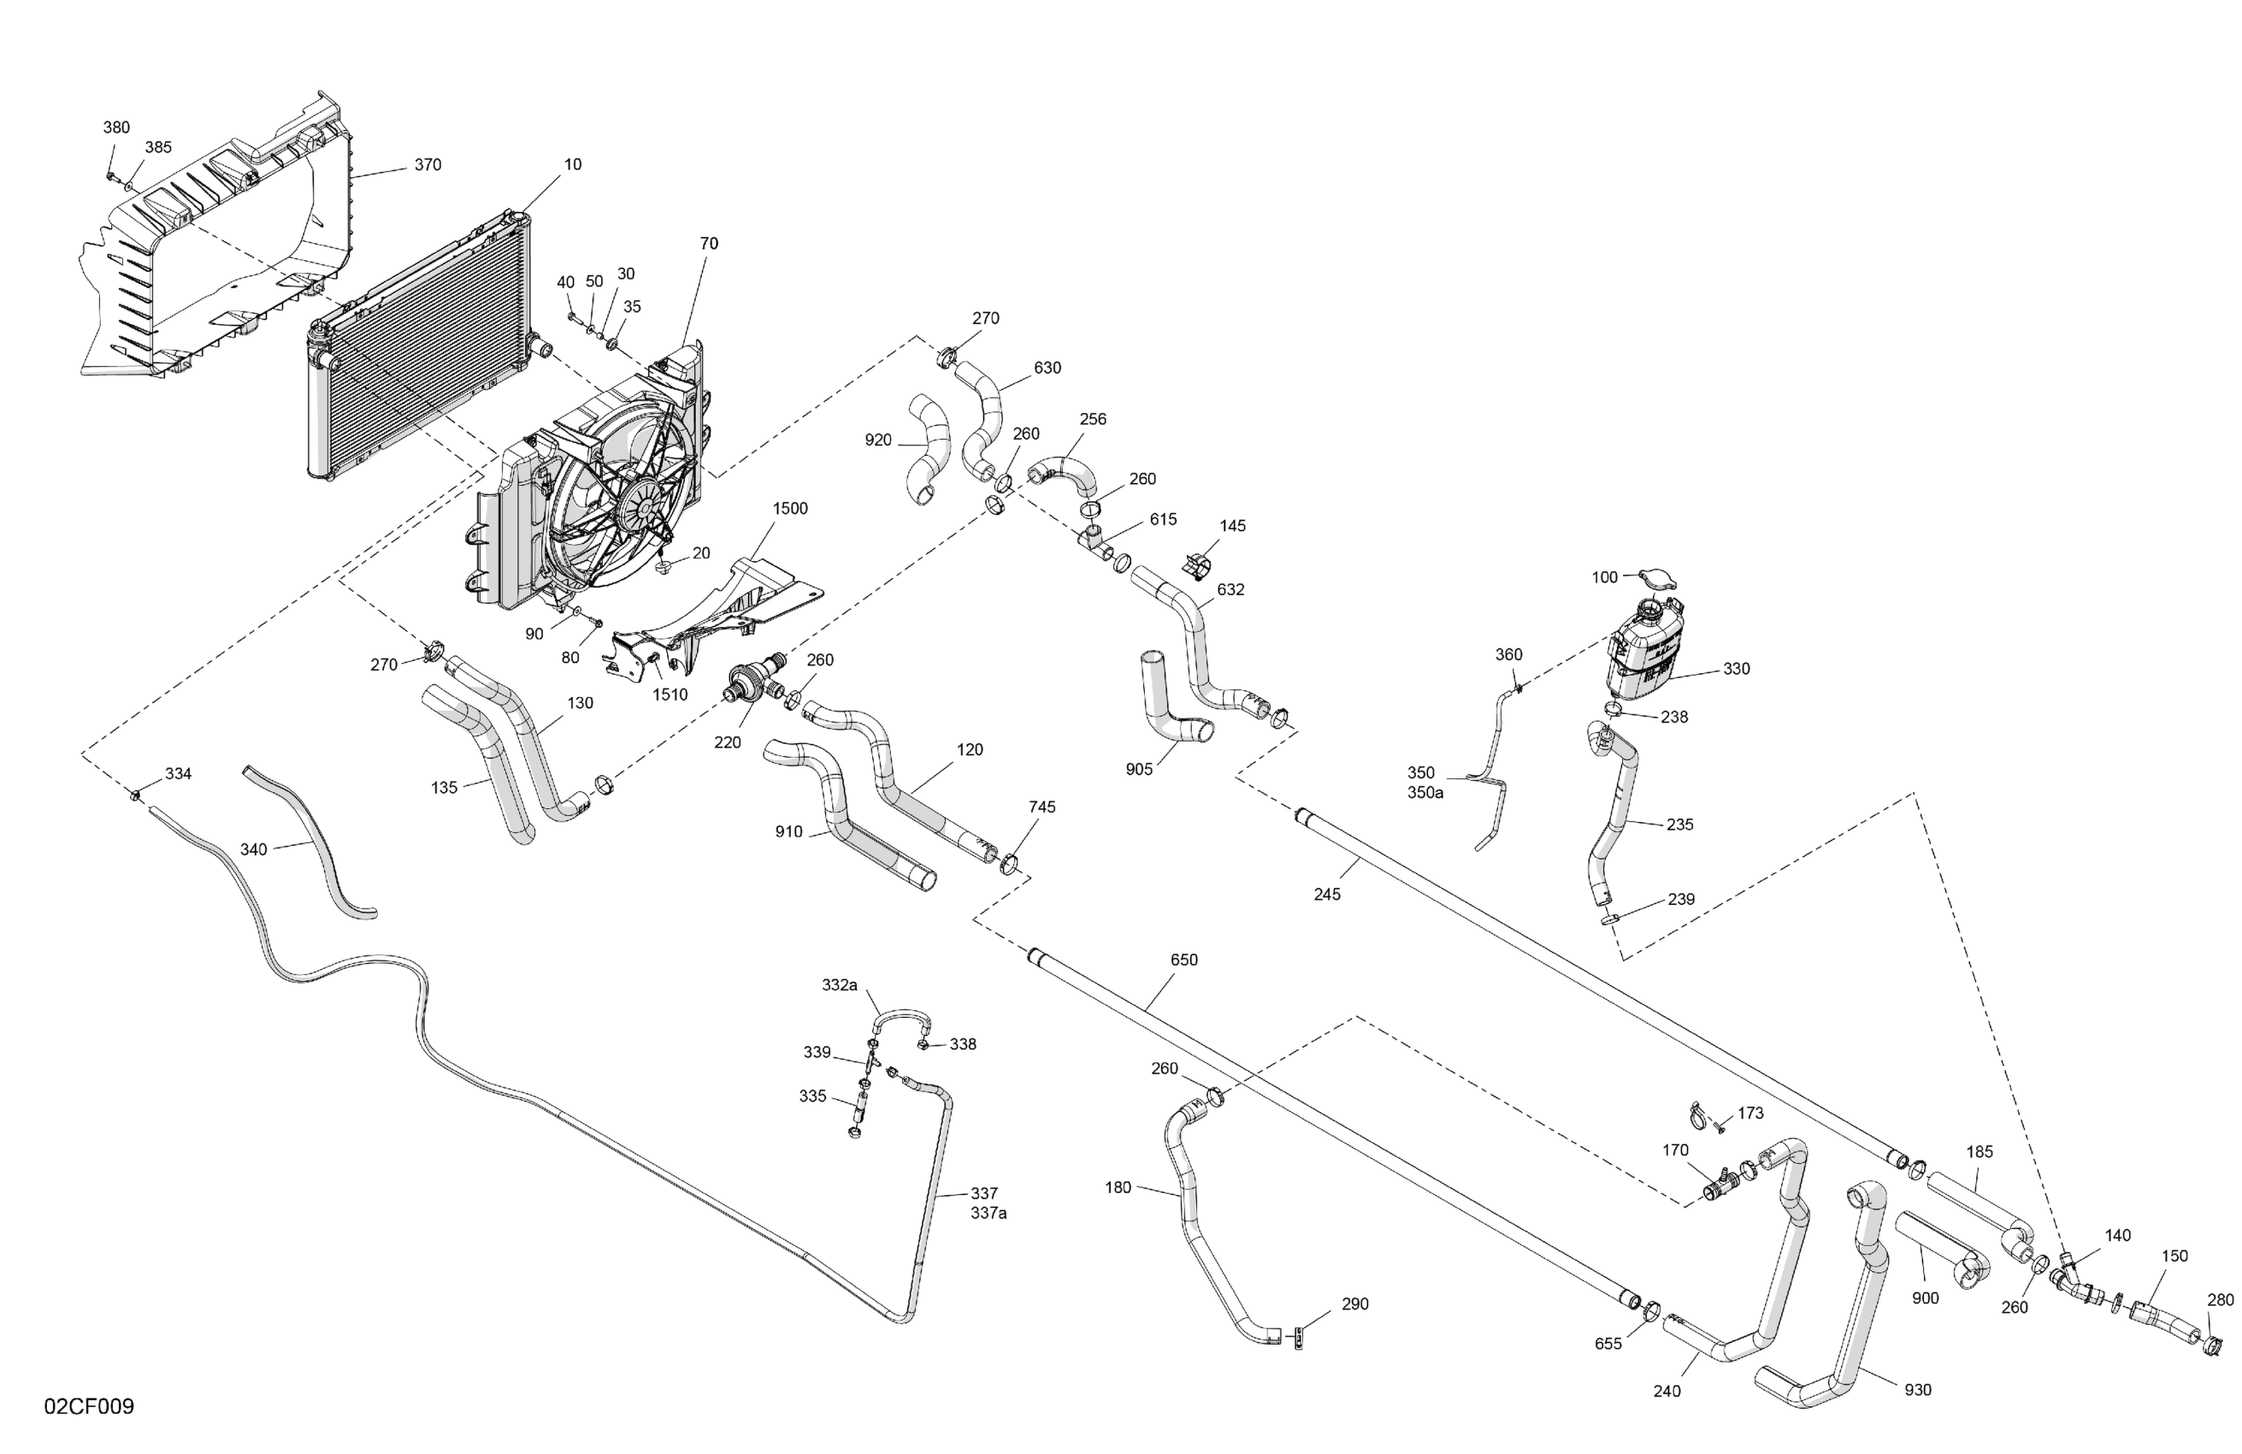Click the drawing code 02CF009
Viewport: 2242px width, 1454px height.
[x=89, y=1406]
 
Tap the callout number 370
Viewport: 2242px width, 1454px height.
[x=428, y=165]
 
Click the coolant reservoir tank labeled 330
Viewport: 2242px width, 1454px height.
[x=1643, y=655]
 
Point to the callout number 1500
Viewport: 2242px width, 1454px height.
[x=789, y=509]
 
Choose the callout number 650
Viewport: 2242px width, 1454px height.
[x=1183, y=960]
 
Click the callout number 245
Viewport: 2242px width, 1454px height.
[x=1326, y=893]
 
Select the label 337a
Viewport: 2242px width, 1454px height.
[x=988, y=1213]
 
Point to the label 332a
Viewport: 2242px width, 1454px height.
[x=840, y=984]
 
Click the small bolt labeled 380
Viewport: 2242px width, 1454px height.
[x=111, y=175]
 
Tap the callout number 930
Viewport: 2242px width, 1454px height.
[x=1917, y=1389]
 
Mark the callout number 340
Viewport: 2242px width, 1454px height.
[x=253, y=849]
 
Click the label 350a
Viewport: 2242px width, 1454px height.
[x=1425, y=793]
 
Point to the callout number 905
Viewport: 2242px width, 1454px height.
[x=1139, y=769]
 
